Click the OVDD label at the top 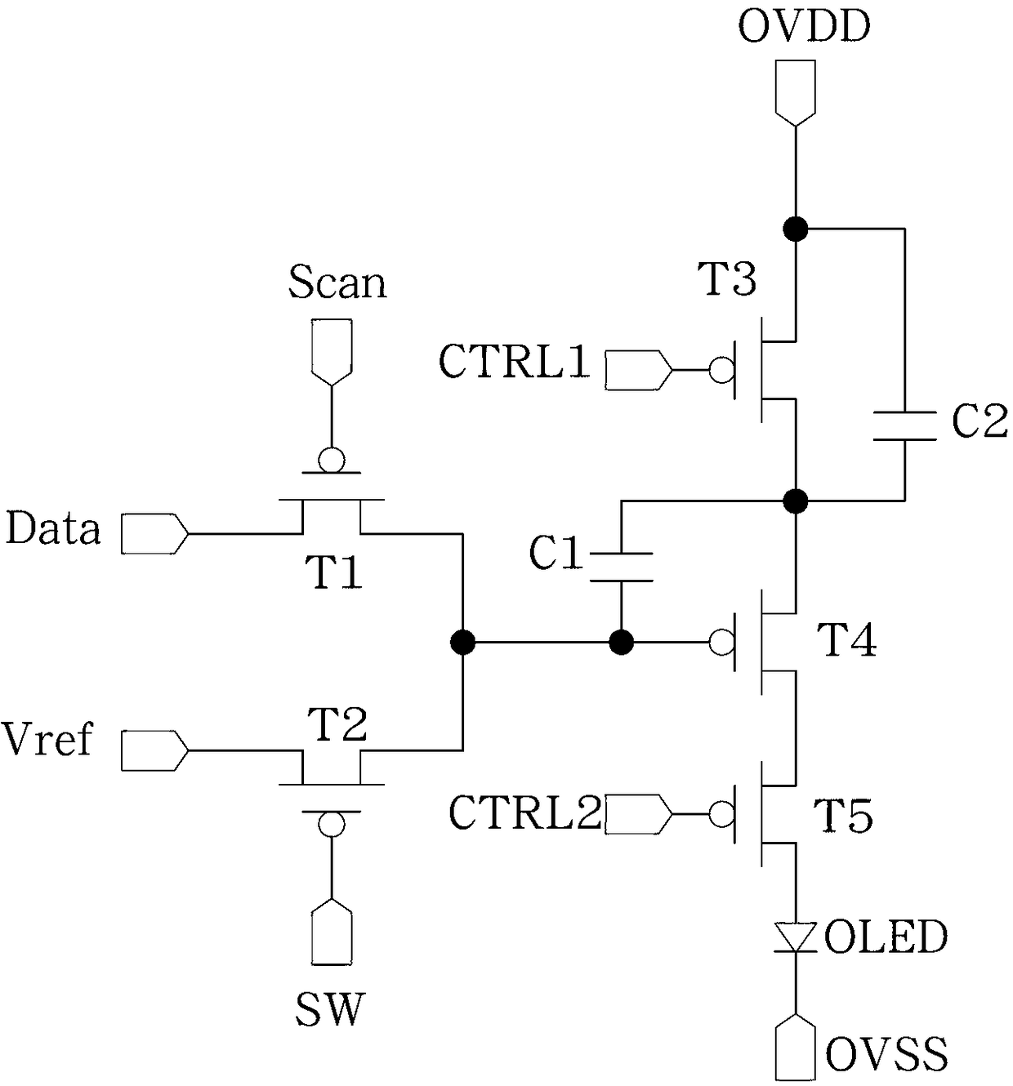coord(804,27)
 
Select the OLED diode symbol coord(795,937)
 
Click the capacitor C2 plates coord(904,426)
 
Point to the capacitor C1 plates coord(621,567)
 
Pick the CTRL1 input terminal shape coord(639,370)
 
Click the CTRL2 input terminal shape coord(639,814)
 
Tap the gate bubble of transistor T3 coord(721,370)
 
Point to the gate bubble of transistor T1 coord(331,460)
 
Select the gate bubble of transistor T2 coord(331,824)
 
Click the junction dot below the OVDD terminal coord(795,229)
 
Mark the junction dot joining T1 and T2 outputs coord(463,642)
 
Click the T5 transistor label coord(843,816)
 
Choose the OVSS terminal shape coord(795,1049)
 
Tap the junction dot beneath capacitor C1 coord(621,642)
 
